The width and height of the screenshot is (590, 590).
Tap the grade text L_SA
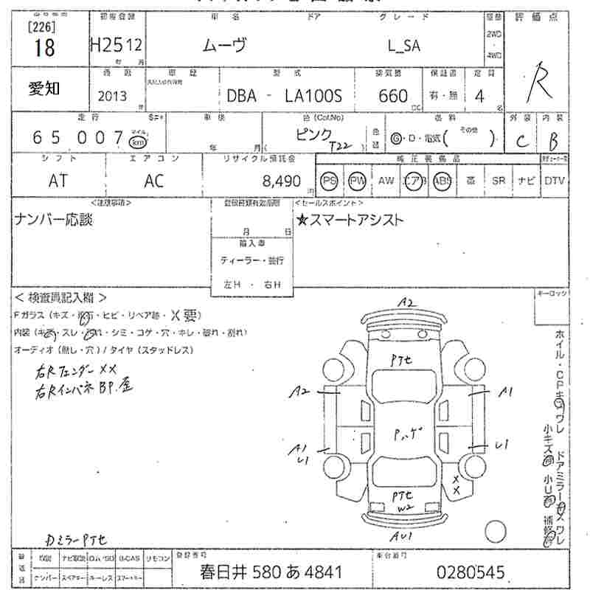click(x=404, y=45)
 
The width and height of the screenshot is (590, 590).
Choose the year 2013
click(x=112, y=96)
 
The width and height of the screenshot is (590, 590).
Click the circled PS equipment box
click(x=330, y=181)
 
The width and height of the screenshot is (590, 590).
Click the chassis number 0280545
click(x=470, y=572)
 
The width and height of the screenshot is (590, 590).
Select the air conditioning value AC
click(x=154, y=181)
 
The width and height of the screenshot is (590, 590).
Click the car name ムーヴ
click(x=225, y=45)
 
